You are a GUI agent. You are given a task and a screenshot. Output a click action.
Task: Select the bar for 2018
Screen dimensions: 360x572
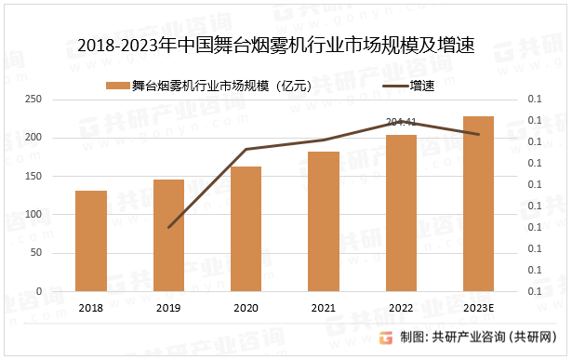[x=91, y=241]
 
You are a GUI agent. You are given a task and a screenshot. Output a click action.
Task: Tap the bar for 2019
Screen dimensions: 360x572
[x=168, y=235]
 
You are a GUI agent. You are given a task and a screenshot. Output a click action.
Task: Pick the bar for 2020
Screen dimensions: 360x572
[x=246, y=229]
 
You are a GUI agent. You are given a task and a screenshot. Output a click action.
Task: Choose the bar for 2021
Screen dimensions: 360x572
[x=324, y=221]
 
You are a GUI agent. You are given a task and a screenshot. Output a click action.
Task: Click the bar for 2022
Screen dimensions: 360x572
[x=401, y=213]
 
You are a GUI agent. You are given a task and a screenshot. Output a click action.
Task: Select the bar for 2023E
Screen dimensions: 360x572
[x=478, y=204]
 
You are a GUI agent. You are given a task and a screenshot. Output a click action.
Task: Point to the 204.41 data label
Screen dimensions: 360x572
[x=401, y=121]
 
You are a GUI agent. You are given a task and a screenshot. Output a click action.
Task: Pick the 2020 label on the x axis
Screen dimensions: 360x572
[x=246, y=308]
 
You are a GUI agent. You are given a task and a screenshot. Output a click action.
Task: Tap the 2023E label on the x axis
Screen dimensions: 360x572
[x=478, y=308]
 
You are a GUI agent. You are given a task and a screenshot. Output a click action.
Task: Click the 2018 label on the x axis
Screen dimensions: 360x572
[x=91, y=308]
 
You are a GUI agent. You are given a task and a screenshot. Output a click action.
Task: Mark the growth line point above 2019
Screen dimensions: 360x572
[x=168, y=227]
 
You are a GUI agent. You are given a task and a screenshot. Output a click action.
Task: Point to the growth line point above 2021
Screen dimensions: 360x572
[x=324, y=140]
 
